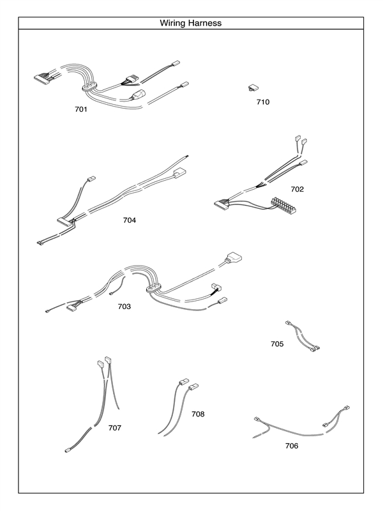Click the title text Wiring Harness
(191, 23)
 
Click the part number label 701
(81, 109)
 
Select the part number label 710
(263, 102)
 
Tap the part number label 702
(297, 189)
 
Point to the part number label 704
(130, 220)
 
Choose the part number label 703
(124, 307)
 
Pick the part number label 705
(277, 344)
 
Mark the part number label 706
(292, 446)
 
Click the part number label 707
(115, 427)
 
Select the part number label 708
(198, 414)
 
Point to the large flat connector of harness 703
(234, 260)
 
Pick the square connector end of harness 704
(180, 172)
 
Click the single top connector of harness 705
(288, 324)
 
